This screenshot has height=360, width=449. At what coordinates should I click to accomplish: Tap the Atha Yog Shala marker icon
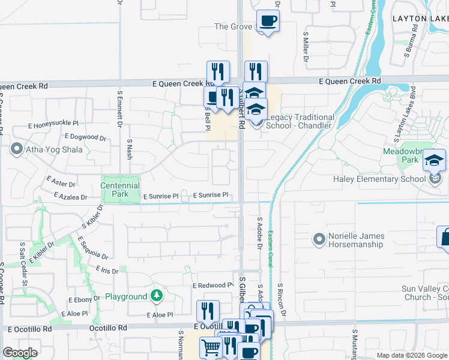tap(17, 149)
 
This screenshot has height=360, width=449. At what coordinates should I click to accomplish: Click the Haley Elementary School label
tap(382, 179)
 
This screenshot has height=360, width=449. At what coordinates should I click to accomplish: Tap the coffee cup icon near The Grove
tap(268, 22)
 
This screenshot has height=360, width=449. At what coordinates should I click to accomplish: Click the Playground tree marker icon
tap(156, 295)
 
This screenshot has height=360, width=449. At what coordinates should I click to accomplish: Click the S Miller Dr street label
tap(305, 49)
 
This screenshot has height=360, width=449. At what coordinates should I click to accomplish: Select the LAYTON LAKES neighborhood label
tap(420, 19)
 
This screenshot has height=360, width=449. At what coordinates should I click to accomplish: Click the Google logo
tap(20, 352)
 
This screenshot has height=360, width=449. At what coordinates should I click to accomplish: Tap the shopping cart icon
tap(211, 347)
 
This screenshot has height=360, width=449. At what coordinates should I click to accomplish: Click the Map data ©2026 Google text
tap(412, 355)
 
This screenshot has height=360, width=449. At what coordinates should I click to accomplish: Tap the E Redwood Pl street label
tap(212, 286)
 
